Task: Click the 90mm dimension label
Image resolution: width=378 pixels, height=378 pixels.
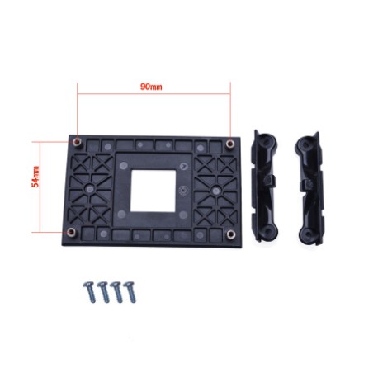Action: [x=151, y=87]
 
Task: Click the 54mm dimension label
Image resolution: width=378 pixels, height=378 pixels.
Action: [x=35, y=177]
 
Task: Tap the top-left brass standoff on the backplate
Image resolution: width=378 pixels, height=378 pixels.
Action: [x=78, y=142]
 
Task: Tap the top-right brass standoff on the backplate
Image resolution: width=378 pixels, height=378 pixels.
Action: [x=230, y=144]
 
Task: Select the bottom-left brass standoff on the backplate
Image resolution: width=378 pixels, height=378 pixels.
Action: [x=72, y=232]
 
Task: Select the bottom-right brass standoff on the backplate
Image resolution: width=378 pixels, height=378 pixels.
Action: [x=231, y=234]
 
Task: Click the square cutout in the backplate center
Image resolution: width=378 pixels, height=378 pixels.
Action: [x=153, y=191]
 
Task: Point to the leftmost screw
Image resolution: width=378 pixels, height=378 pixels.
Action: [x=90, y=291]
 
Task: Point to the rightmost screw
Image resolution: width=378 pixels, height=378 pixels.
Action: [x=130, y=291]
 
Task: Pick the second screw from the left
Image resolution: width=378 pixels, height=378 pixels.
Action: [x=103, y=291]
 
